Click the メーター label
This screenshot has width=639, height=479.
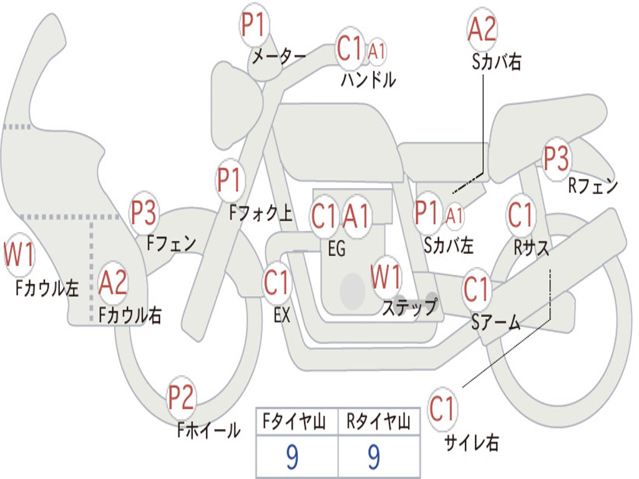click(x=278, y=56)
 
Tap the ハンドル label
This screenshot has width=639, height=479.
click(x=368, y=79)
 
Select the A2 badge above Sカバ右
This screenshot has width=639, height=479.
click(x=482, y=29)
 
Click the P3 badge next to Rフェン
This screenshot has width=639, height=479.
click(x=557, y=158)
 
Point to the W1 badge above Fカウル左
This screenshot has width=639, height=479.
click(x=19, y=254)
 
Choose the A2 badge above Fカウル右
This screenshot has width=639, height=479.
click(x=113, y=283)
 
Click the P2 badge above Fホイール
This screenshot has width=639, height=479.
click(x=181, y=397)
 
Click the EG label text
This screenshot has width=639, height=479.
click(x=336, y=248)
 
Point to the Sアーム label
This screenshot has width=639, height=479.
click(x=495, y=322)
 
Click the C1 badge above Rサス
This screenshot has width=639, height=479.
click(x=520, y=215)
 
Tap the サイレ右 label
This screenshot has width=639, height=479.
click(x=472, y=442)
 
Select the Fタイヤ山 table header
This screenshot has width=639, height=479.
click(x=294, y=421)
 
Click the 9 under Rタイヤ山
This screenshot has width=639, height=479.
click(x=374, y=457)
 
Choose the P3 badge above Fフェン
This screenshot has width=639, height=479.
click(x=144, y=213)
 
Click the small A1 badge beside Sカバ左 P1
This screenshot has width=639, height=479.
click(x=454, y=216)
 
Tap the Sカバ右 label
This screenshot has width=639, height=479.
click(x=496, y=62)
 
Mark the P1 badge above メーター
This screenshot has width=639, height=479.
click(x=254, y=24)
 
